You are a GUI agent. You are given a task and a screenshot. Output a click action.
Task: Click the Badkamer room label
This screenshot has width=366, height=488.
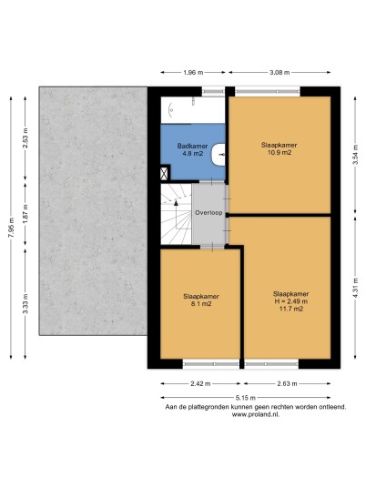pyautogui.click(x=192, y=146)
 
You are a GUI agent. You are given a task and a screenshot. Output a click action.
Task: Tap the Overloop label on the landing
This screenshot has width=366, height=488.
pyautogui.click(x=208, y=213)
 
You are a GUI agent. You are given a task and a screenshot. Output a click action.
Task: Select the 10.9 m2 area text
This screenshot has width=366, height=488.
pyautogui.click(x=280, y=153)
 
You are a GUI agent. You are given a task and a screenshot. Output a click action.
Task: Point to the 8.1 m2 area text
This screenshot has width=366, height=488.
pyautogui.click(x=201, y=304)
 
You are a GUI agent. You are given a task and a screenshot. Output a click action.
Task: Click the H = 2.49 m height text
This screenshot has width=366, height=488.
pyautogui.click(x=290, y=301)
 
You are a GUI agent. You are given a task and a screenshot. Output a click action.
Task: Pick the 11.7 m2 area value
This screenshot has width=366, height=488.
pyautogui.click(x=291, y=309)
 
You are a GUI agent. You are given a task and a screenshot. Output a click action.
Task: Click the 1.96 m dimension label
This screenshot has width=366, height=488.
pyautogui.click(x=193, y=73)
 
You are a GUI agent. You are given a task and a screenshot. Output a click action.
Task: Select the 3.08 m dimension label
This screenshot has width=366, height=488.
pyautogui.click(x=280, y=73)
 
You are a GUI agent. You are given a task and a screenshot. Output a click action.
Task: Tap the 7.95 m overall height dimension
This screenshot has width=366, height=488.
pyautogui.click(x=11, y=228)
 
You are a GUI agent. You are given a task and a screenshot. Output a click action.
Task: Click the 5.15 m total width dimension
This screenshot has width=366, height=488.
pyautogui.click(x=245, y=398)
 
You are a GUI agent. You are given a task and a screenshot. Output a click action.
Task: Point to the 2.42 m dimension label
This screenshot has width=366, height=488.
pyautogui.click(x=200, y=383)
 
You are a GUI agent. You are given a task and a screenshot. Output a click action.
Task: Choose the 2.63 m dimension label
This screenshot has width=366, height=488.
pyautogui.click(x=288, y=383)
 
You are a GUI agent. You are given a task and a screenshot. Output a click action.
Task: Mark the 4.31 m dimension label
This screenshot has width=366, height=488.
pyautogui.click(x=356, y=288)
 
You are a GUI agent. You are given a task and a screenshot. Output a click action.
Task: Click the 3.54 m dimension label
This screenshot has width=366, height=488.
pyautogui.click(x=356, y=155)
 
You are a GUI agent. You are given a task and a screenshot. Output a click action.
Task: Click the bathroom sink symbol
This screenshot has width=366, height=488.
pyautogui.click(x=219, y=154)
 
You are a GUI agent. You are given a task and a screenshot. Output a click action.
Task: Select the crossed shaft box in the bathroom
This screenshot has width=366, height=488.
pyautogui.click(x=164, y=173)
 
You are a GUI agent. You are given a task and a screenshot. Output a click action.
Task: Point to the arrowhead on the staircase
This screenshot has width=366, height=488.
pyautogui.click(x=176, y=203)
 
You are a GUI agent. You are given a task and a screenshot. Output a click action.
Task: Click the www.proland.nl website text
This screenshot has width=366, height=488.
pyautogui.click(x=256, y=414)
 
